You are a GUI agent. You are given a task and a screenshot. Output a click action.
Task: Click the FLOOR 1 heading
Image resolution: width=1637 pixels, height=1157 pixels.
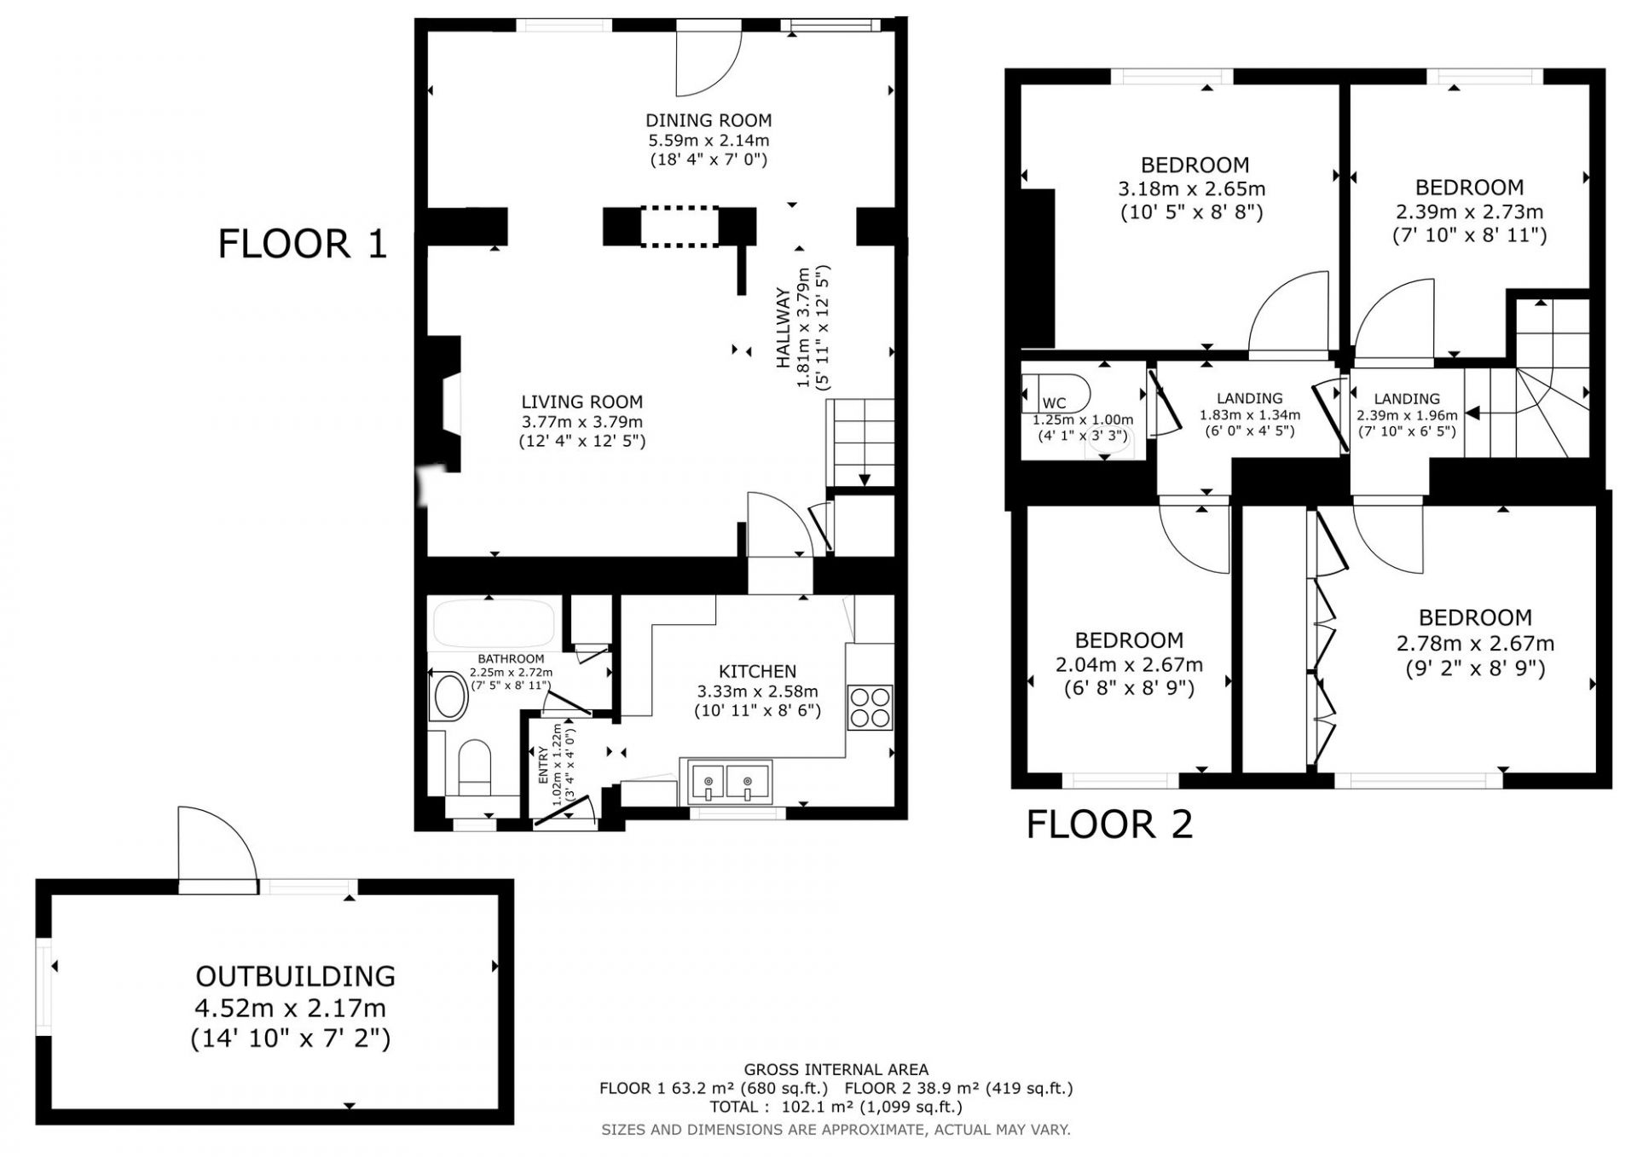coord(303,244)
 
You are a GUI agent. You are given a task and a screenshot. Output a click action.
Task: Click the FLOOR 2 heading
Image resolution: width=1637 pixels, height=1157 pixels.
coord(1109,824)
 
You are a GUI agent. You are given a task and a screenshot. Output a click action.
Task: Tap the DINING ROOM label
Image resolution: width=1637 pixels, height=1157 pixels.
coord(709,121)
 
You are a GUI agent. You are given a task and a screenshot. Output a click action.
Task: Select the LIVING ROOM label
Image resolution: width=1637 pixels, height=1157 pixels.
coord(582,402)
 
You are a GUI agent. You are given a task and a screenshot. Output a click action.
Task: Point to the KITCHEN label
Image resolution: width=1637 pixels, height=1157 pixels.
coord(757,672)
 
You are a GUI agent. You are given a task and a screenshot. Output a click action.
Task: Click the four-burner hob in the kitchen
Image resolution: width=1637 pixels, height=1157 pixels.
coord(870,708)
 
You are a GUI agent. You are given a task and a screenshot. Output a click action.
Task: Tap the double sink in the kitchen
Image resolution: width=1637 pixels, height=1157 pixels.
coord(726,782)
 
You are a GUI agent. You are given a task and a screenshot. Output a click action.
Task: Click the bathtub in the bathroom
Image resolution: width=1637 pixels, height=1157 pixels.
coord(494,623)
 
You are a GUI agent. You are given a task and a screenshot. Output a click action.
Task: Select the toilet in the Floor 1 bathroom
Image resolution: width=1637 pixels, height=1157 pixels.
coord(475,767)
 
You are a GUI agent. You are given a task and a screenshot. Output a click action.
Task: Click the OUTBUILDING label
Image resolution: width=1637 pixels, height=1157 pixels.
coord(295,976)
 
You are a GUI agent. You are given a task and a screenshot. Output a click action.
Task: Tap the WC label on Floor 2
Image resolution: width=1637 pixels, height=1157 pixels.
coord(1054,403)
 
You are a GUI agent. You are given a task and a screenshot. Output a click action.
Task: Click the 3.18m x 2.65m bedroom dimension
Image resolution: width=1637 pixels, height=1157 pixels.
coord(1192,188)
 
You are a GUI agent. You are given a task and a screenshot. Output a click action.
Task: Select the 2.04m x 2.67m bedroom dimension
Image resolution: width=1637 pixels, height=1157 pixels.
coord(1129,664)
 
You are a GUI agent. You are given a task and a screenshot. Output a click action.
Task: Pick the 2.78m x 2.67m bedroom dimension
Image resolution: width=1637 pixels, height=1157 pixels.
coord(1475,644)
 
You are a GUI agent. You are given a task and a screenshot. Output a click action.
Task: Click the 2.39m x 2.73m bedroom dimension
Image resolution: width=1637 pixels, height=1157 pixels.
coord(1469,211)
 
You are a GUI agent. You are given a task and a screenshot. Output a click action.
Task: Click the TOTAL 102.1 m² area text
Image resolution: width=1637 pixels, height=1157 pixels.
coord(836,1108)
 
